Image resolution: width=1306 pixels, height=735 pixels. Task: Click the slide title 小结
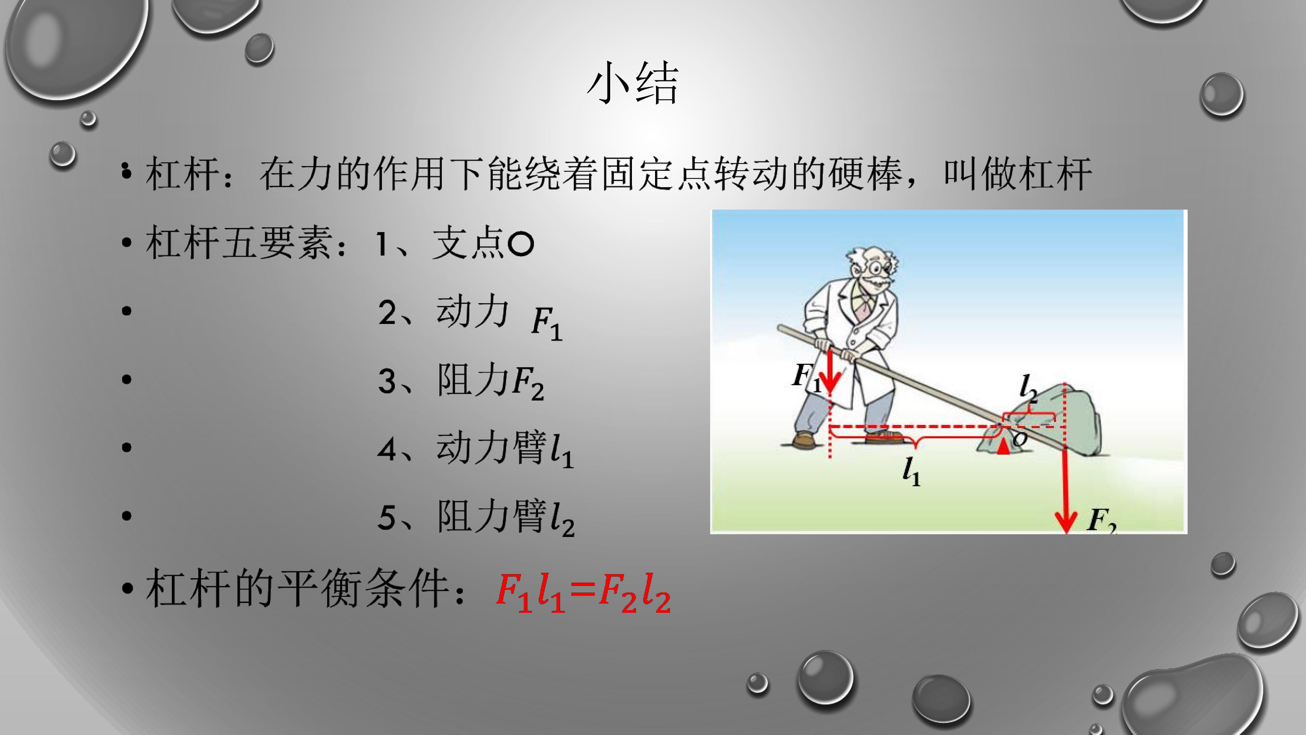click(632, 84)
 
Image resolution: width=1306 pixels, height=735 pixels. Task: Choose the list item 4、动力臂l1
click(475, 449)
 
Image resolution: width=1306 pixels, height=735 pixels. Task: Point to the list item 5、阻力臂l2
click(475, 517)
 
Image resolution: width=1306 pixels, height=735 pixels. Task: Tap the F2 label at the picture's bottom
click(1101, 520)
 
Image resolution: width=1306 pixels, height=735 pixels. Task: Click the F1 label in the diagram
click(806, 378)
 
